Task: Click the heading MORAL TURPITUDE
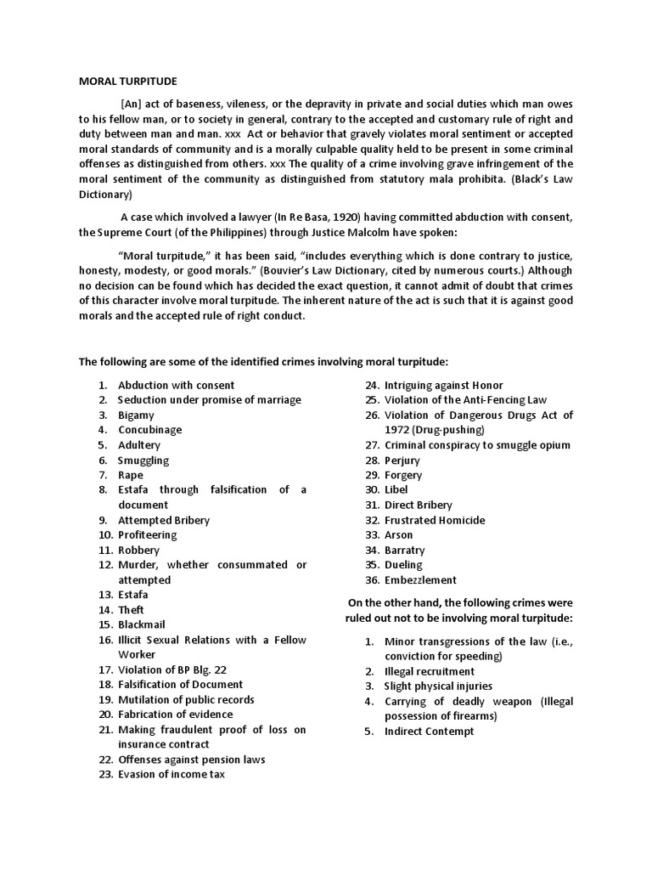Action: pyautogui.click(x=128, y=82)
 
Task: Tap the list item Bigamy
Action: pyautogui.click(x=136, y=415)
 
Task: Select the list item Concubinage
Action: pyautogui.click(x=149, y=430)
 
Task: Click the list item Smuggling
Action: pyautogui.click(x=143, y=460)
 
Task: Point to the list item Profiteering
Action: pyautogui.click(x=147, y=534)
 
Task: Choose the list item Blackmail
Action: pyautogui.click(x=143, y=624)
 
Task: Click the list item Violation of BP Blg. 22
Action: pyautogui.click(x=171, y=669)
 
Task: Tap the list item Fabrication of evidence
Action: pyautogui.click(x=175, y=715)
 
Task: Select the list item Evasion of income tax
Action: pyautogui.click(x=171, y=774)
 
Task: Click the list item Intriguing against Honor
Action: pyautogui.click(x=443, y=385)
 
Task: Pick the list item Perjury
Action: pyautogui.click(x=403, y=460)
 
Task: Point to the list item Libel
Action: pyautogui.click(x=396, y=489)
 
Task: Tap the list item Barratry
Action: pyautogui.click(x=405, y=550)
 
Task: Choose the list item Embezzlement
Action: pyautogui.click(x=420, y=579)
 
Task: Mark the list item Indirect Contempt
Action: pyautogui.click(x=429, y=731)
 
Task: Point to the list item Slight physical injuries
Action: pyautogui.click(x=438, y=686)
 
